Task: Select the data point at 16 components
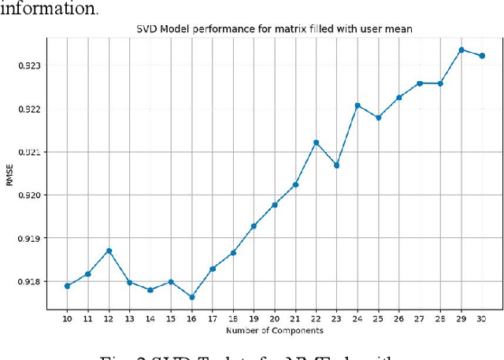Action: [191, 297]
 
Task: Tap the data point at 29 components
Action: [461, 50]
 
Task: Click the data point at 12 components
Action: [109, 251]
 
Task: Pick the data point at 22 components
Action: [316, 143]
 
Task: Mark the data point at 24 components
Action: [358, 105]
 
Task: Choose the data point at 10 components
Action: [67, 286]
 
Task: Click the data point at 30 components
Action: [482, 56]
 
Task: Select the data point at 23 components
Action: [337, 165]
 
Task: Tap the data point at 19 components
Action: [254, 226]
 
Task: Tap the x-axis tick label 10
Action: [67, 317]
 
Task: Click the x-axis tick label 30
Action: [482, 317]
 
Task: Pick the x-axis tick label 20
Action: [275, 317]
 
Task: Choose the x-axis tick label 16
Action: [191, 317]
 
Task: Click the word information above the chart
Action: [50, 9]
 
